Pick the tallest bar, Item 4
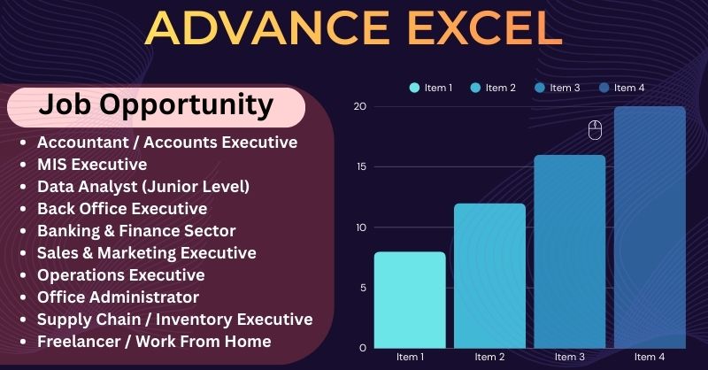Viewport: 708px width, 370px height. click(650, 227)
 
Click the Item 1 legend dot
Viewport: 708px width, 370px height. click(414, 88)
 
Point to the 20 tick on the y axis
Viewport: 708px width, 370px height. click(359, 106)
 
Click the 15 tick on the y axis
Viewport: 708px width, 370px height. click(359, 166)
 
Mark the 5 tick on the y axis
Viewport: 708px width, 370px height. click(362, 287)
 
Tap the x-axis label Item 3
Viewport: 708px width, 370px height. click(569, 356)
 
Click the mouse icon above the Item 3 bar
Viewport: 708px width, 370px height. click(595, 130)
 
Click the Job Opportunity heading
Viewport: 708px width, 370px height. click(156, 105)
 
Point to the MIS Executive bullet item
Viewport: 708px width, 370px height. click(92, 164)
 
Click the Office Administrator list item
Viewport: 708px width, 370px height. click(118, 297)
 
